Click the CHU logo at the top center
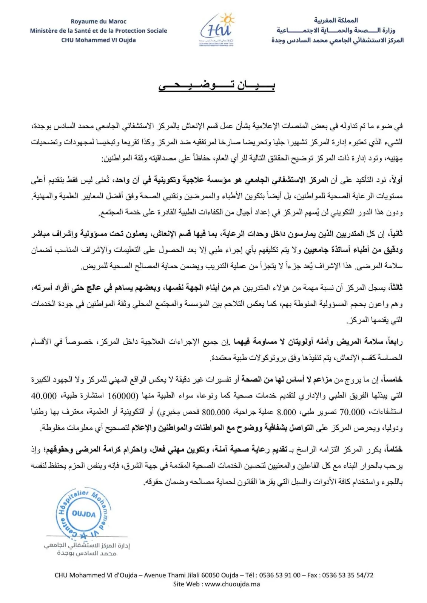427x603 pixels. point(217,29)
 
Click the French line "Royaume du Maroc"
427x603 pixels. point(99,21)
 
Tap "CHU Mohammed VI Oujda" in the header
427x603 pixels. point(99,40)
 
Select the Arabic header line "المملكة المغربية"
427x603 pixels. point(336,20)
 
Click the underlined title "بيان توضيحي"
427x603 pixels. point(217,86)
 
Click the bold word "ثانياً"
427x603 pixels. point(394,234)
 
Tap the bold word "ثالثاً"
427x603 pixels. point(394,288)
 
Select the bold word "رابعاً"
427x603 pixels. point(393,342)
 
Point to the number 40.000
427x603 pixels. point(44,396)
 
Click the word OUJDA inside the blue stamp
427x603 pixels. point(84,514)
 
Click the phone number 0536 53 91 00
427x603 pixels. point(279,575)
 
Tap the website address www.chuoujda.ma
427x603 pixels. point(232,584)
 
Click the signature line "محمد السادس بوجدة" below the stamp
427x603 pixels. point(87,553)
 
